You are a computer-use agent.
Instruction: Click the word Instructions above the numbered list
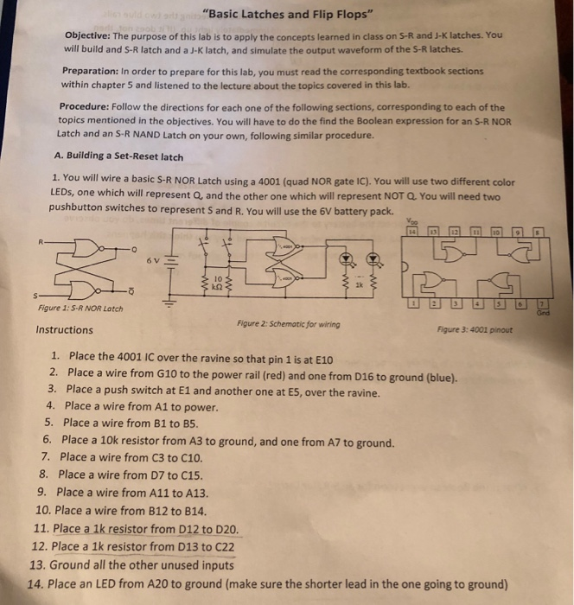(x=64, y=329)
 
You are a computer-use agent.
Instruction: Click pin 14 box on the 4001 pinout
(x=413, y=232)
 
